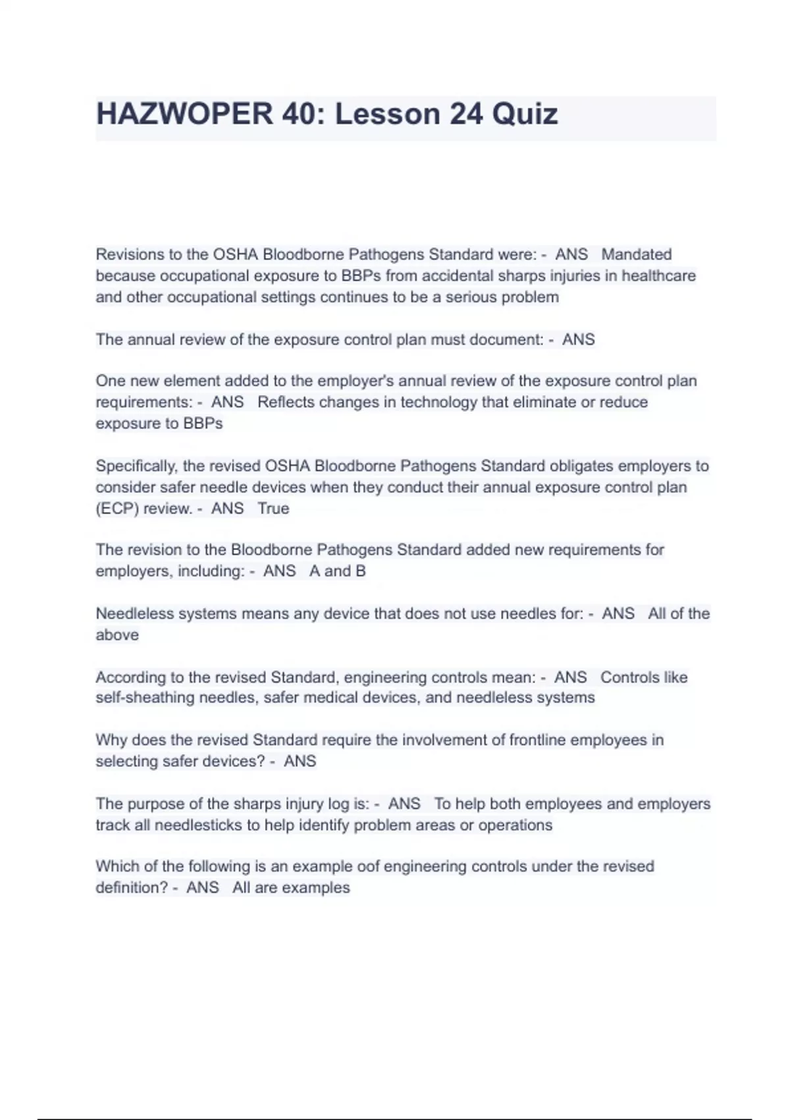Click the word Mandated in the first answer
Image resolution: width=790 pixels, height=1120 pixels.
click(636, 254)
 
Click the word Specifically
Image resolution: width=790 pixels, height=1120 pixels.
click(136, 466)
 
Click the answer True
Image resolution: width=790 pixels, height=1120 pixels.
click(273, 509)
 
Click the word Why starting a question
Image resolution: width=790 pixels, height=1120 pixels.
click(111, 740)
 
